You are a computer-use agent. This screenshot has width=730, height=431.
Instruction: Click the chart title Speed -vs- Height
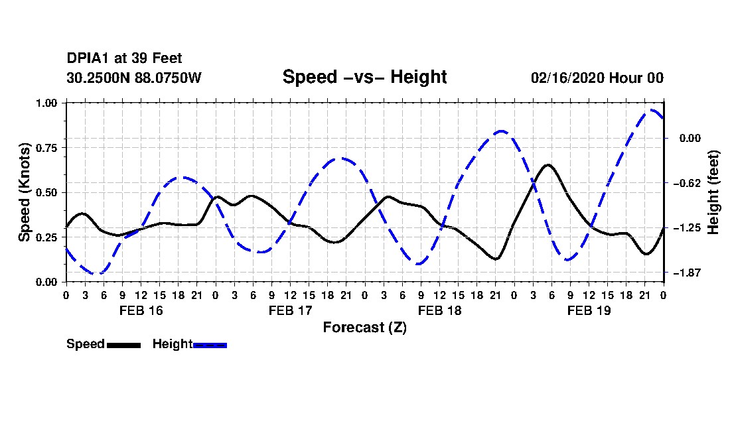(x=364, y=77)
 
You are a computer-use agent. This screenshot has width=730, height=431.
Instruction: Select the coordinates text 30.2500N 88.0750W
(x=134, y=78)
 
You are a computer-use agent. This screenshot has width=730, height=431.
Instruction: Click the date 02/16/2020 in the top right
(x=567, y=78)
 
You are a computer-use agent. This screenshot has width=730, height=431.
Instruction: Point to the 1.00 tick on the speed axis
(x=46, y=103)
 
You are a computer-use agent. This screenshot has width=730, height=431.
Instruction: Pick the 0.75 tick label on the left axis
(x=46, y=148)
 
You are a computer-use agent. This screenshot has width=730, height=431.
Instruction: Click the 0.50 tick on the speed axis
(x=46, y=192)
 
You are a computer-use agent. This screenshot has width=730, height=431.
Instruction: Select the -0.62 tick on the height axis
(x=687, y=183)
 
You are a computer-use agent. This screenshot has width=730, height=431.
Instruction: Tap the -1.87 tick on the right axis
(x=687, y=273)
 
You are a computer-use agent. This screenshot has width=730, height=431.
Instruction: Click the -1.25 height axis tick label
(x=687, y=228)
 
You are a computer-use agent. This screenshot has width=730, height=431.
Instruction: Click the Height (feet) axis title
(x=713, y=192)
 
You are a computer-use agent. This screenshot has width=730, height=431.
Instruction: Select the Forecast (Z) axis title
(x=365, y=328)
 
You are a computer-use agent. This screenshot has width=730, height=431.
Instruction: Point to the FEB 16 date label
(x=141, y=310)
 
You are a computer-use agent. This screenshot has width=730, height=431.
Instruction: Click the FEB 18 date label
(x=439, y=310)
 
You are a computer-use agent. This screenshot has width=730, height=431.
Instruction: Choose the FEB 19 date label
(x=589, y=310)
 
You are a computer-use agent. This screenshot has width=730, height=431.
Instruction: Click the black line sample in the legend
(x=124, y=345)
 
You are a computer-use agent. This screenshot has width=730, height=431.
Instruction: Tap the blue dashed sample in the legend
(x=210, y=345)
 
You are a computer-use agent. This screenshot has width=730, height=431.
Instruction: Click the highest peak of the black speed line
(x=548, y=165)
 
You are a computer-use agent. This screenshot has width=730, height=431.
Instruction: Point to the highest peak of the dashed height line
(x=652, y=110)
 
